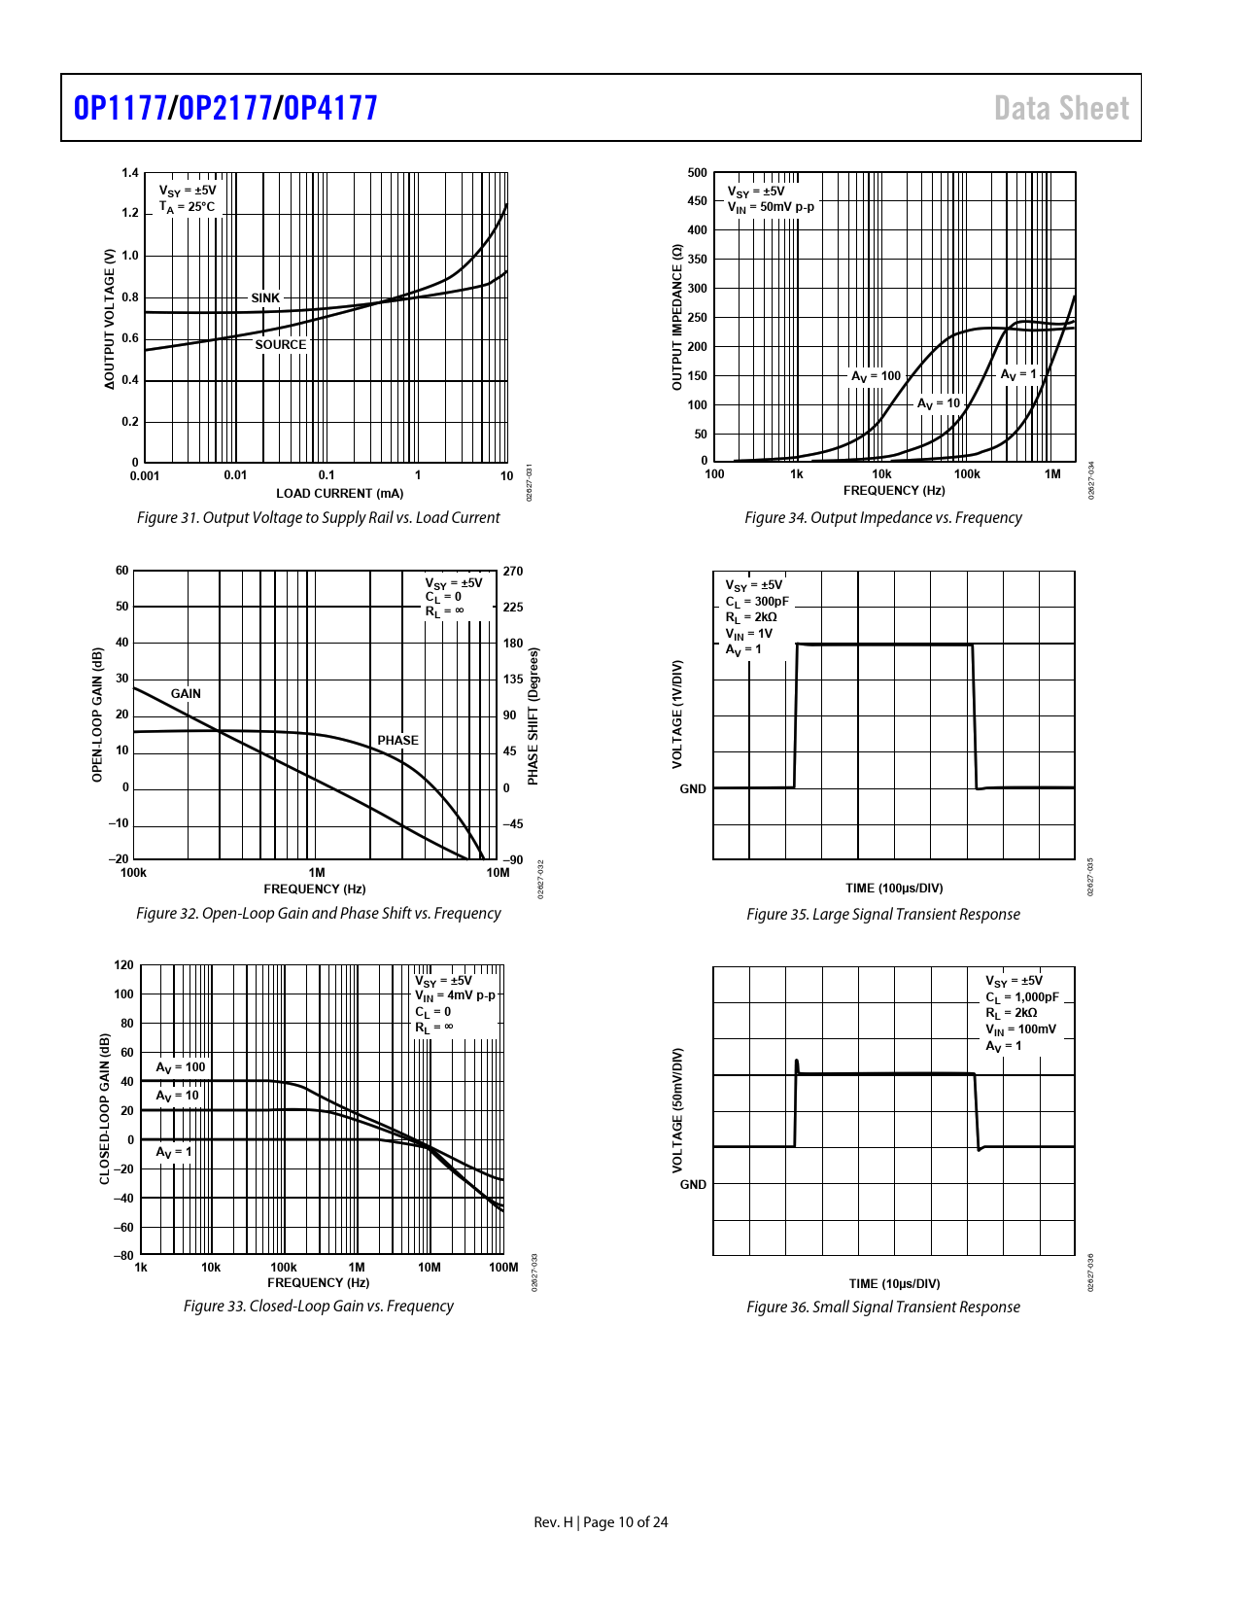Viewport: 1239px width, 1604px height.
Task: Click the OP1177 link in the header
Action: point(120,108)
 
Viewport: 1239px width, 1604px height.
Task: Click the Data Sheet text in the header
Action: point(1061,108)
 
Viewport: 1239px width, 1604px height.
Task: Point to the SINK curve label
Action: point(265,298)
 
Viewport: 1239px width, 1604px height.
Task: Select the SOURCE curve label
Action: point(280,345)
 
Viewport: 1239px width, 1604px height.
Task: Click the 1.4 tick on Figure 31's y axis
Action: point(130,173)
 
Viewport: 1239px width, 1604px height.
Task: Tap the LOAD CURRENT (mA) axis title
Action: point(339,493)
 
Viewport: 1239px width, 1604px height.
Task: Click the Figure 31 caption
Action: point(318,518)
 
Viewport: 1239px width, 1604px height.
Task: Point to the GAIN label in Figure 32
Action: point(186,694)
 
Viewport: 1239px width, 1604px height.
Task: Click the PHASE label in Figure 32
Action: point(397,741)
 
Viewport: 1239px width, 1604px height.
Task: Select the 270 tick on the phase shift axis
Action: point(513,572)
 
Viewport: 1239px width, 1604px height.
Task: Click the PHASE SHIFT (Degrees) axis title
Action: point(533,716)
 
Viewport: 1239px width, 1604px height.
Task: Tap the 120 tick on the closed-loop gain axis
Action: point(123,965)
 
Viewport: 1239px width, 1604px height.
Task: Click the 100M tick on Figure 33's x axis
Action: point(503,1268)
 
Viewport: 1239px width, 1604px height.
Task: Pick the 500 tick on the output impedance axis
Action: point(698,173)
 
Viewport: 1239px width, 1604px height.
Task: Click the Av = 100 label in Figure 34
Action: point(876,376)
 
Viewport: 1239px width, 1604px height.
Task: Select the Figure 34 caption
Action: point(882,518)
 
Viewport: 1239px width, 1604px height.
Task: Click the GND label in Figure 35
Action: point(693,789)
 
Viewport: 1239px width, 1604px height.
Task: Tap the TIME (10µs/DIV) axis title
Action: point(894,1284)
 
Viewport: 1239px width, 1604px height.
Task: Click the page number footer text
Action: point(601,1522)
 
